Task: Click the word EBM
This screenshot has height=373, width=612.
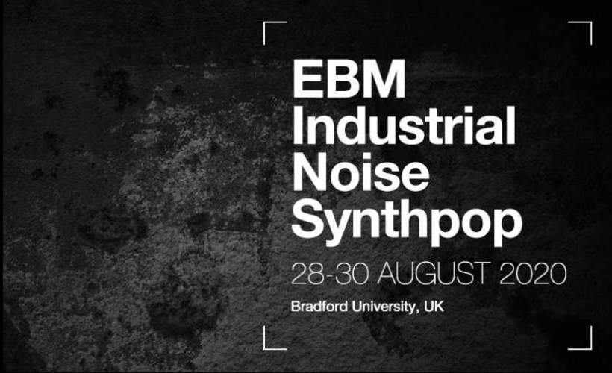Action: coord(349,79)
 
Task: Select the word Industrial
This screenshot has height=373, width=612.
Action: coord(404,125)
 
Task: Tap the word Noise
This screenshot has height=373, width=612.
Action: coord(361,172)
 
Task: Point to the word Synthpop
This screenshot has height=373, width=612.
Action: coord(407,222)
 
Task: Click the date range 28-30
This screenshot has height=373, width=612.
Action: coord(330,274)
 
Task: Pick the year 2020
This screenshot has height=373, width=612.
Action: coord(533,274)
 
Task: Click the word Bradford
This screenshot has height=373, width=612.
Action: coord(319,307)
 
